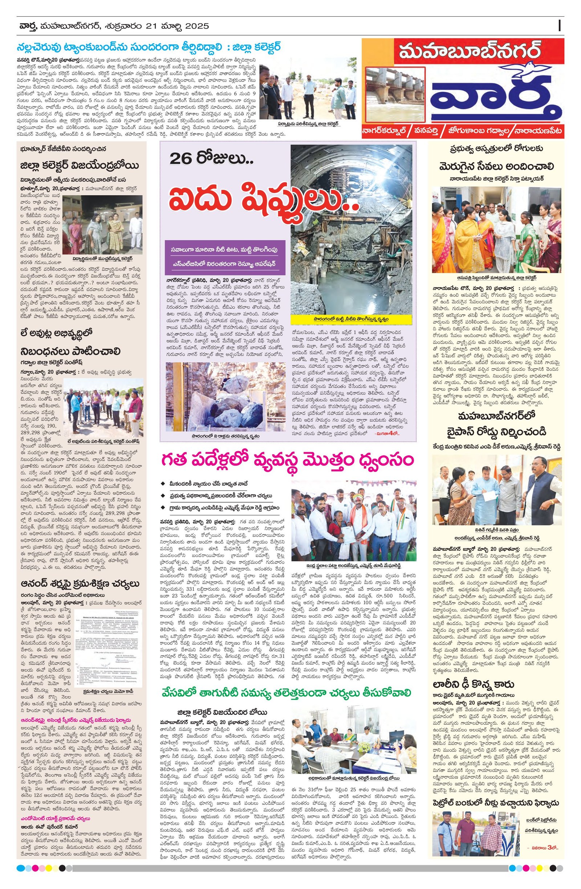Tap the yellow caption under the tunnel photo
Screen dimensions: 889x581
click(351, 320)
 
